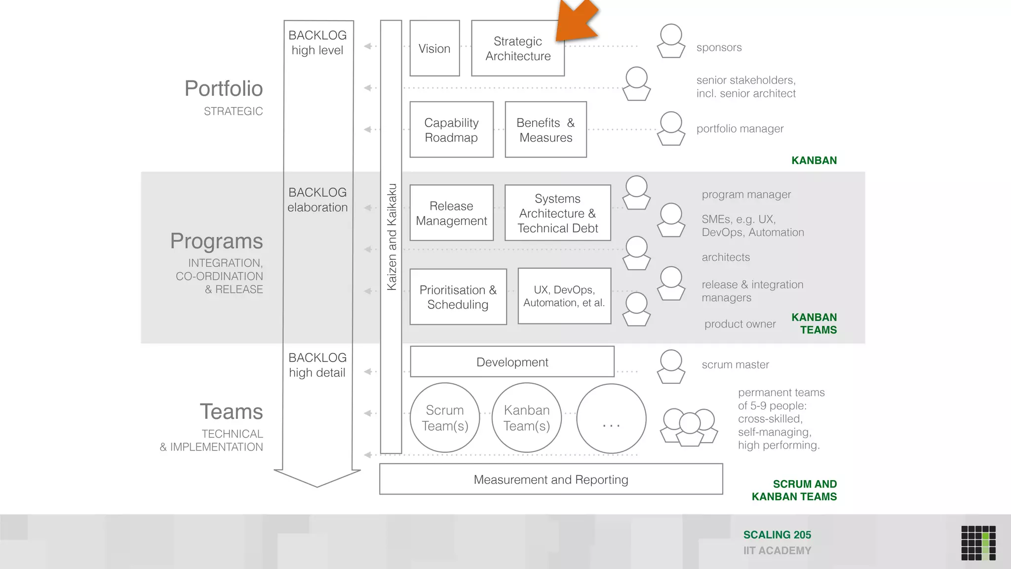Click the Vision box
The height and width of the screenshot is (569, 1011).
(x=434, y=48)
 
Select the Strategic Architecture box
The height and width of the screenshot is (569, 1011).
(x=517, y=48)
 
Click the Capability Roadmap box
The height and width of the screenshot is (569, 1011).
(x=451, y=130)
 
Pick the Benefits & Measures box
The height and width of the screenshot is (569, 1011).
(x=545, y=130)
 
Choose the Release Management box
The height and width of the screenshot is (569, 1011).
(x=451, y=213)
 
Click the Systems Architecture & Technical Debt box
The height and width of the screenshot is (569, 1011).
(x=557, y=213)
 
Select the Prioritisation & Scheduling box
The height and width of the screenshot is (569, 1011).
(x=458, y=297)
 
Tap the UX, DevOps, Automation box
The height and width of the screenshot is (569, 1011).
(x=564, y=296)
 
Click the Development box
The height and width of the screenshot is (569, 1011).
(x=512, y=362)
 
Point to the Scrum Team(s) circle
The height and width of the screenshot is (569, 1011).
(x=445, y=418)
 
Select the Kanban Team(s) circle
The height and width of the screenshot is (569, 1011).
(x=527, y=418)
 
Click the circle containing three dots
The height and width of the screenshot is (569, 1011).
(x=611, y=419)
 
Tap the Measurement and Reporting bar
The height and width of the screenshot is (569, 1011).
(x=550, y=479)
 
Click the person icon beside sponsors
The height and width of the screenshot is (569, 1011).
(x=671, y=41)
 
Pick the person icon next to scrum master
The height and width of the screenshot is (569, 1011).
(x=671, y=366)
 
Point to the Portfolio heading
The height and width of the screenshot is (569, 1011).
(x=224, y=89)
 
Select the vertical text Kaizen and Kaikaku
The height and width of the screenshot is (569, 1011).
(x=391, y=237)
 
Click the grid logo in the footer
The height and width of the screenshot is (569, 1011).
(x=978, y=543)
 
